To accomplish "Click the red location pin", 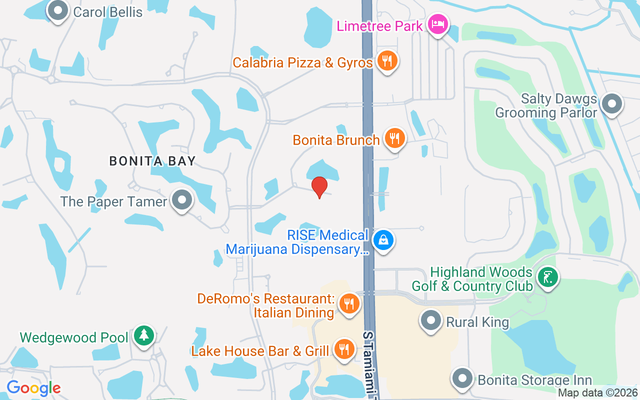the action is point(319,187).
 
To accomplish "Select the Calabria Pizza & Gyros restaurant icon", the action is point(386,61).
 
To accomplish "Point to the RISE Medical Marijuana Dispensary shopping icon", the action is point(383,240).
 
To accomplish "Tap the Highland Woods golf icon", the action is point(547,277).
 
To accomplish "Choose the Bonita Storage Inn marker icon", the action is point(462,378).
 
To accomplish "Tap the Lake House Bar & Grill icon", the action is point(343,349).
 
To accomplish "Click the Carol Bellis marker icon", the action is point(58,10).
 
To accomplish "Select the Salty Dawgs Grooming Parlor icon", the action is point(611,104).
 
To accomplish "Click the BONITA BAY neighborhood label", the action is point(152,161).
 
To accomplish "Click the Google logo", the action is point(33,388).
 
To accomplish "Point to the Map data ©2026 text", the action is point(598,393).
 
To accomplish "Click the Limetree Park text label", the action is point(380,26).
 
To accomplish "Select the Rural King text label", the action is point(477,322).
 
